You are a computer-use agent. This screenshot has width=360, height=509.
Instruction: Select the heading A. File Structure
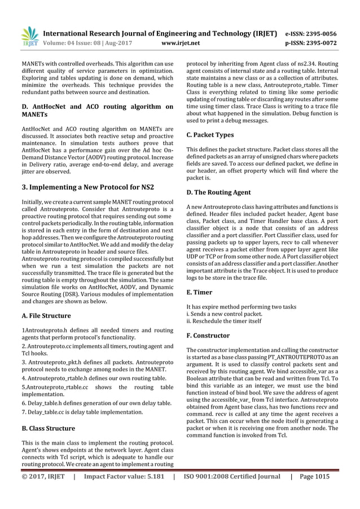coord(46,315)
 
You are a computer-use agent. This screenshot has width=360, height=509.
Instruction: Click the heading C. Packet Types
coord(209,135)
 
